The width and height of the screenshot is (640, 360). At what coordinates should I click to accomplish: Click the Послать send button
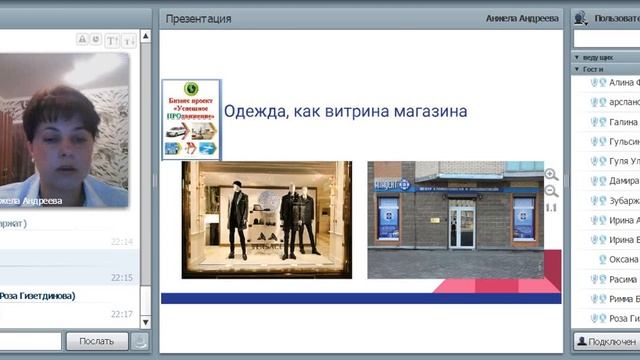click(97, 341)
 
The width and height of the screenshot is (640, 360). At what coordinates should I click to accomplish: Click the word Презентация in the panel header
click(198, 18)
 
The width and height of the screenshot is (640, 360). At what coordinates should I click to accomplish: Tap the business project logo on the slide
click(191, 119)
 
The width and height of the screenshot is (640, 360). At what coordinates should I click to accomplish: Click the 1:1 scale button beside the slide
click(551, 208)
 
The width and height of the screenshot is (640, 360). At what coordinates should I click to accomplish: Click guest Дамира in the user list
click(622, 180)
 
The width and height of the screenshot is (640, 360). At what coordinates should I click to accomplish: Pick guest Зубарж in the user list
click(622, 200)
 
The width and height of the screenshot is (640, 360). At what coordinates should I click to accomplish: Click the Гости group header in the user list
click(595, 70)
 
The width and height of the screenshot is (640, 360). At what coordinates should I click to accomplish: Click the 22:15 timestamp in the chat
click(122, 277)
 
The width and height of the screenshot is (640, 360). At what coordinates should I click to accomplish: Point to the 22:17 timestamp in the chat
click(122, 314)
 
